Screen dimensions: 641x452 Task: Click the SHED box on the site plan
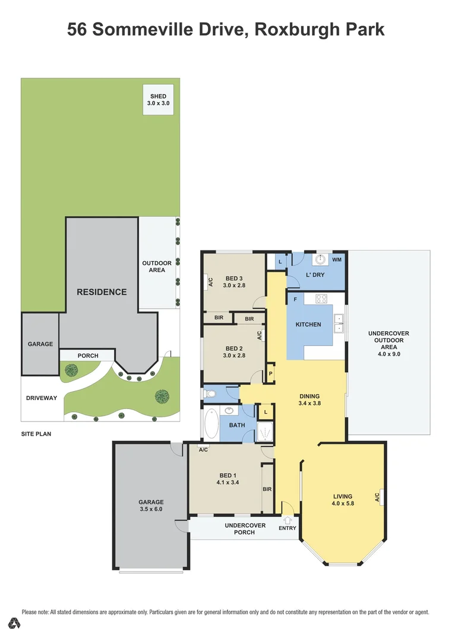(158, 100)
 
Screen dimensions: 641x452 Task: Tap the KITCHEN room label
(308, 325)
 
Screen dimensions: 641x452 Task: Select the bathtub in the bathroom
(211, 424)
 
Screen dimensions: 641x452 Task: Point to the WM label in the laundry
(337, 260)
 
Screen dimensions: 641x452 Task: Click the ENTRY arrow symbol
(287, 521)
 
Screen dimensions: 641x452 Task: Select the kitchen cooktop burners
(321, 299)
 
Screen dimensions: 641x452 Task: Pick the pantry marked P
(270, 374)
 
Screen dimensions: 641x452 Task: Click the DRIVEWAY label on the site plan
(41, 398)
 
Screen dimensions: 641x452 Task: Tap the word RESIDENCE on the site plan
(102, 292)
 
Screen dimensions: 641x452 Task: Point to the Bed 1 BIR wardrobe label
(267, 489)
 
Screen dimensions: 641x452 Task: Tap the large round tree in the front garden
(162, 396)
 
